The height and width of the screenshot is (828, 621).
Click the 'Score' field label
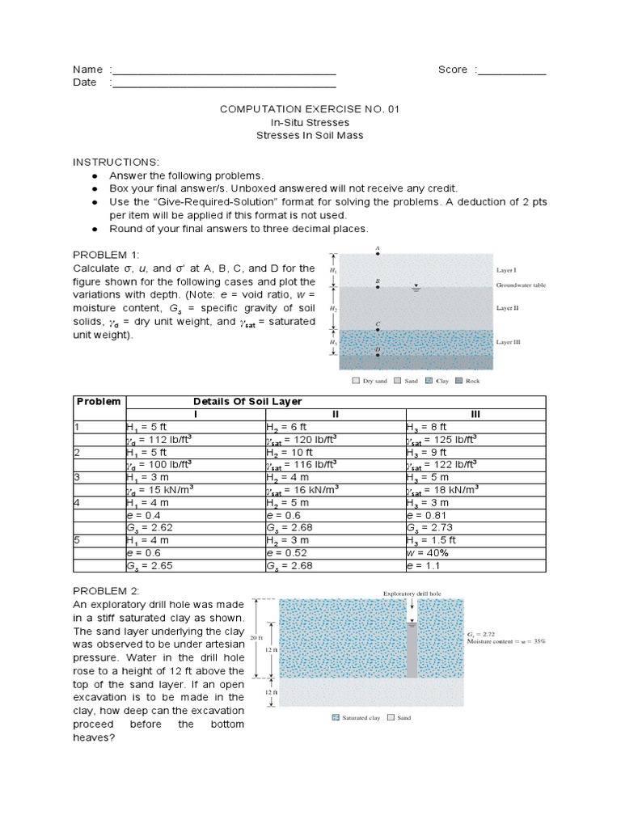tap(453, 70)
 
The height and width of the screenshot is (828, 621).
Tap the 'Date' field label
tap(85, 82)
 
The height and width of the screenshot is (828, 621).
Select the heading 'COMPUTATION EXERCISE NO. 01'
tap(310, 108)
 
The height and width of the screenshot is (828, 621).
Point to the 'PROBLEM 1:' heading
tap(106, 255)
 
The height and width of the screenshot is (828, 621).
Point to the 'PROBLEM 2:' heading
tap(106, 591)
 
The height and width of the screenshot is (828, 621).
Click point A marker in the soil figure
tap(378, 254)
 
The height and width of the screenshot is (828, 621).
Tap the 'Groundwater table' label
tap(522, 285)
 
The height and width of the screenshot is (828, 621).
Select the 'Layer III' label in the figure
tap(509, 342)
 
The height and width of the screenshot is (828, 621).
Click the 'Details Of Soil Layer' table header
tap(246, 402)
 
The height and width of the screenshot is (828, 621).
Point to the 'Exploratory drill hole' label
tap(412, 593)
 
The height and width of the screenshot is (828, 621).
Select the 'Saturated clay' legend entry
tap(361, 717)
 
